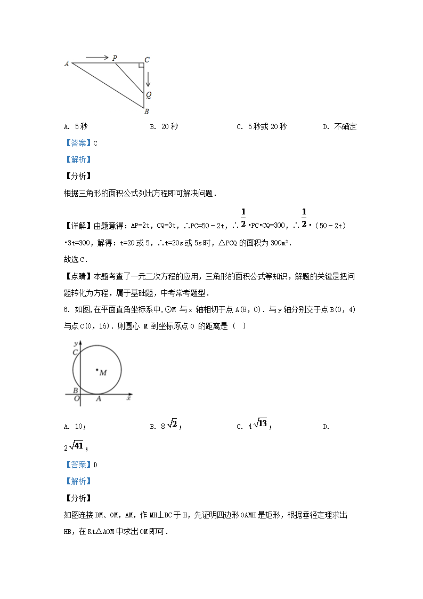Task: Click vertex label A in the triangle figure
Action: pos(67,64)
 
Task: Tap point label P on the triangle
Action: pos(115,58)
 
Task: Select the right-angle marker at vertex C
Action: pos(141,66)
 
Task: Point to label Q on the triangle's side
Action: pos(149,95)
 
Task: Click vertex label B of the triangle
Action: pos(147,111)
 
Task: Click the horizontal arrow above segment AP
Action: pos(97,57)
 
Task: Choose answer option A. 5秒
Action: pos(76,127)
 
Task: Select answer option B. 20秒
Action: pos(164,127)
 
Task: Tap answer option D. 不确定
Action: pos(339,127)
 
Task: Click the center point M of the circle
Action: pos(97,369)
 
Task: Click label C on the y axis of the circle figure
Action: pos(76,352)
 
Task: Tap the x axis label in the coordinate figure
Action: pos(129,398)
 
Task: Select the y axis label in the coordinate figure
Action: pos(77,342)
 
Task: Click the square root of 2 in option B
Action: pos(172,424)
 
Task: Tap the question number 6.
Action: pos(66,309)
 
